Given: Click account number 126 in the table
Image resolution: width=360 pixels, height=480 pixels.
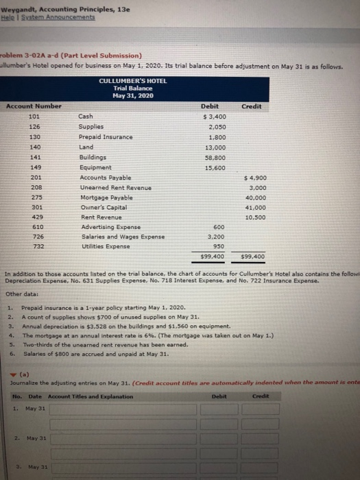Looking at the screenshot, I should [31, 127].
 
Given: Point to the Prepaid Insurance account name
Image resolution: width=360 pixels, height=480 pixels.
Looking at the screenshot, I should [106, 137].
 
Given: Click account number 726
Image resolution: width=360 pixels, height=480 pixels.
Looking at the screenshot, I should [31, 237].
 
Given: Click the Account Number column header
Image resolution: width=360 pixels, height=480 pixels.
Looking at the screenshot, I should [34, 106].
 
